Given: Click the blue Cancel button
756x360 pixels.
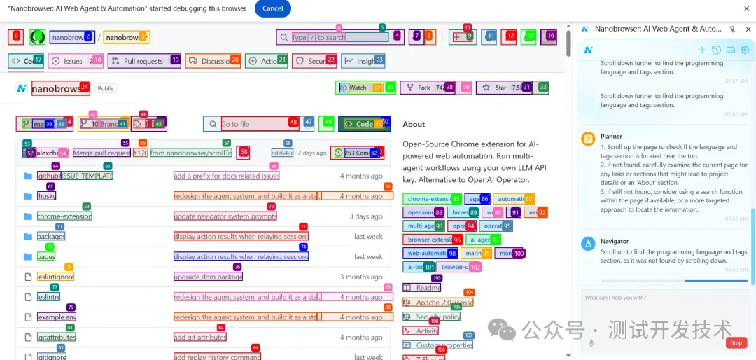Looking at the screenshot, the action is [x=273, y=8].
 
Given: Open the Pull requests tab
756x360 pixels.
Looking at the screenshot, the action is [x=143, y=61].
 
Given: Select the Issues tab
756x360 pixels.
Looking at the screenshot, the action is [x=73, y=61].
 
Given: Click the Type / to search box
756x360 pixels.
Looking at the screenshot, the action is [x=339, y=37].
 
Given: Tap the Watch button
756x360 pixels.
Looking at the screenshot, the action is [x=358, y=88].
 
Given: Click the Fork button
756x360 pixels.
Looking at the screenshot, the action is [x=424, y=88].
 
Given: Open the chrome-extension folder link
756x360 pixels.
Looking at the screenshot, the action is [x=64, y=216].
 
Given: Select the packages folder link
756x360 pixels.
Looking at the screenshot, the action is [x=51, y=237].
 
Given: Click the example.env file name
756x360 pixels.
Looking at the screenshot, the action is [x=57, y=317].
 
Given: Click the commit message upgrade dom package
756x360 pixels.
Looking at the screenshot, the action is [x=208, y=277].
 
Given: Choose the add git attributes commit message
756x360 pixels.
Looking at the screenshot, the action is [x=199, y=338].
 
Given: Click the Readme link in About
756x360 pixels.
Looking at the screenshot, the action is [x=428, y=288].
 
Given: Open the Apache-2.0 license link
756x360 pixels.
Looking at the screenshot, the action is [x=444, y=303].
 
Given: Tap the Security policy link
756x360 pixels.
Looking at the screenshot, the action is [x=437, y=317].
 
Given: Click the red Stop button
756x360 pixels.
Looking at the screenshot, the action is [x=736, y=343].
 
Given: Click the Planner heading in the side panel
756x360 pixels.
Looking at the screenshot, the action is [x=611, y=137].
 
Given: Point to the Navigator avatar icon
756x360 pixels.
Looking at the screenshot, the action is [x=589, y=243].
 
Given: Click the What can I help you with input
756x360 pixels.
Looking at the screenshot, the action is [x=651, y=298].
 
